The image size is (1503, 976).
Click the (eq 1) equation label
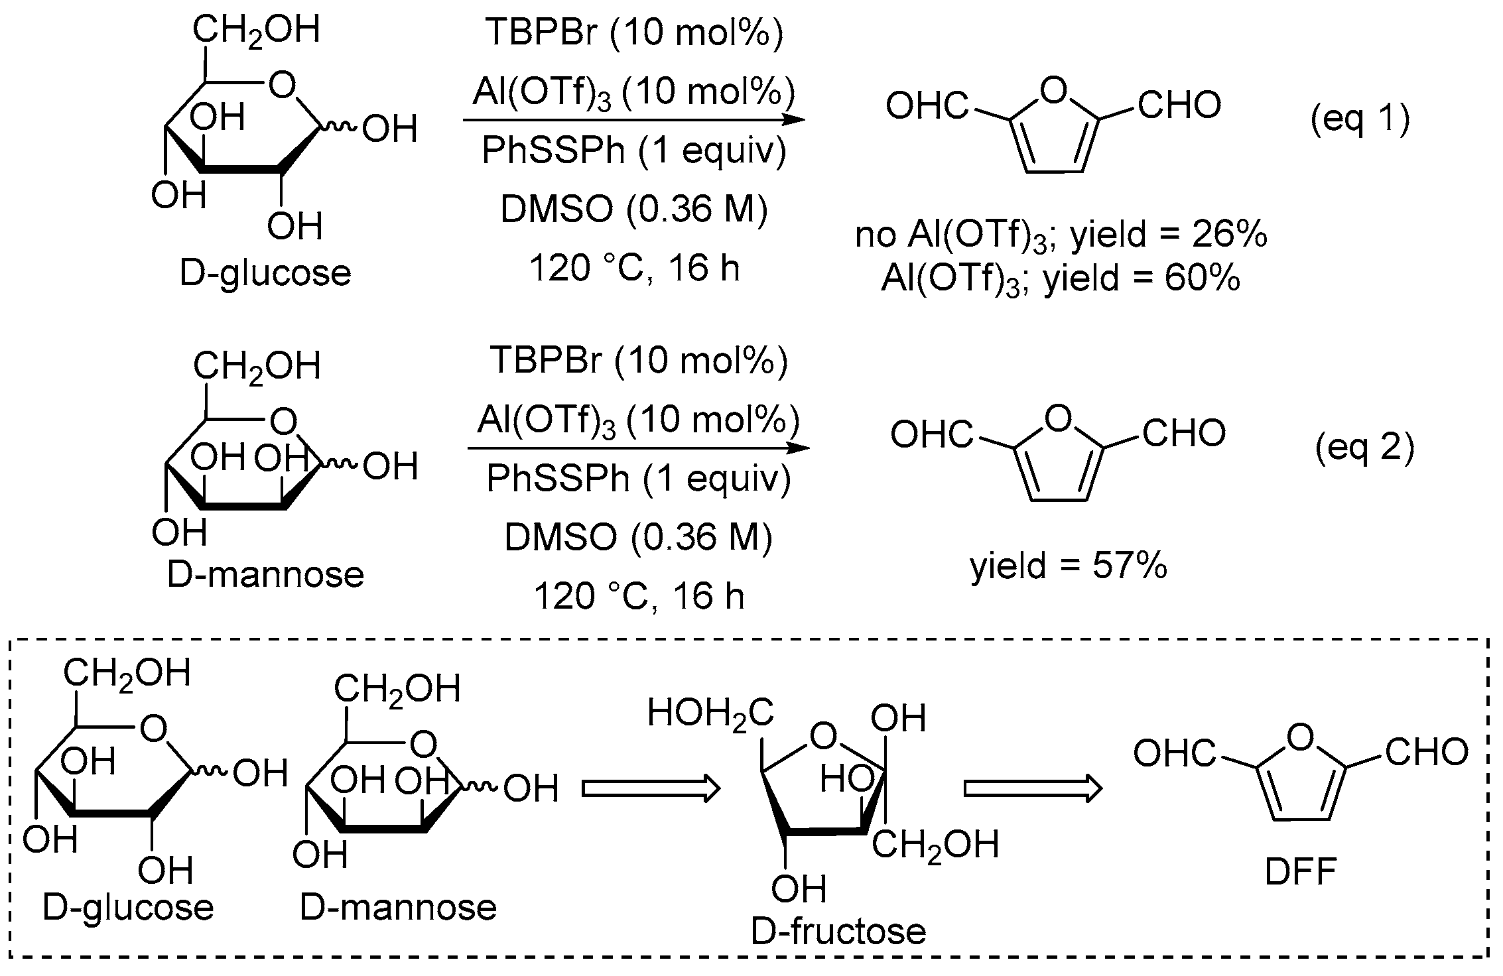(x=1360, y=120)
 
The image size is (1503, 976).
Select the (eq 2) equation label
(x=1364, y=449)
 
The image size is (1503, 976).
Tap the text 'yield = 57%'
(x=1069, y=566)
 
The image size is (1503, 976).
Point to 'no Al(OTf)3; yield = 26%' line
(x=1061, y=237)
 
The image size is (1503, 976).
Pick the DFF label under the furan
(x=1300, y=873)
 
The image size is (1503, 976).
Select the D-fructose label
(x=838, y=932)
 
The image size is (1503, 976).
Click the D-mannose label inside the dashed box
(x=398, y=907)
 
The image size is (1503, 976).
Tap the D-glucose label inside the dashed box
(x=128, y=907)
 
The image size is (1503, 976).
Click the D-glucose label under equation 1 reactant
(x=265, y=273)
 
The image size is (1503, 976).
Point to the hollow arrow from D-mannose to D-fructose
(x=651, y=789)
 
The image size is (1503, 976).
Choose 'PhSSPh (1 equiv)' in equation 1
(x=633, y=151)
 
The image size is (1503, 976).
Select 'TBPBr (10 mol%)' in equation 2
(x=639, y=361)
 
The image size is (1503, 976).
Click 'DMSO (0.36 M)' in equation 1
(x=633, y=210)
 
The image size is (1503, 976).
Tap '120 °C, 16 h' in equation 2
(x=639, y=597)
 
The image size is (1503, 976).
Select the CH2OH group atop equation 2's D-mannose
(x=257, y=367)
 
